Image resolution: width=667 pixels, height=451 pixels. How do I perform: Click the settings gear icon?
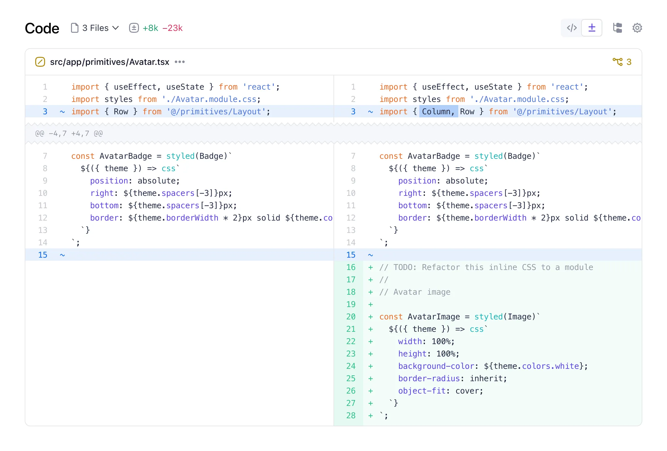[637, 28]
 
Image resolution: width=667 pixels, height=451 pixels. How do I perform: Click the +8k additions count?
[150, 28]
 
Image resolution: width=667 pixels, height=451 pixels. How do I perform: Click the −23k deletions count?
[173, 28]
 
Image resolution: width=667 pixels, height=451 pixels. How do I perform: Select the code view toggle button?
[572, 28]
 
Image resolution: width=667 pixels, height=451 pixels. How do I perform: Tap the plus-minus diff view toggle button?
[592, 28]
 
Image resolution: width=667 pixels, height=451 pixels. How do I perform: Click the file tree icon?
[617, 28]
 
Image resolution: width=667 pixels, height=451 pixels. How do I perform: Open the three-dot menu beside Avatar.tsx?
[180, 62]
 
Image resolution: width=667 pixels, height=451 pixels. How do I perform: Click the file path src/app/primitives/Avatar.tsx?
[110, 62]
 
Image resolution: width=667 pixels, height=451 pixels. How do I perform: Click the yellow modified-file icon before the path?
[40, 62]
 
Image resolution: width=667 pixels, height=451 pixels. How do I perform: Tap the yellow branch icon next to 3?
[618, 62]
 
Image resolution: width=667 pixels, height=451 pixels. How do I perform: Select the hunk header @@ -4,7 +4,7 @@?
[69, 133]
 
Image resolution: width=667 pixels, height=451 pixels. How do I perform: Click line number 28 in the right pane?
[351, 415]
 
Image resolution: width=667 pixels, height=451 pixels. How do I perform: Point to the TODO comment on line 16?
[486, 267]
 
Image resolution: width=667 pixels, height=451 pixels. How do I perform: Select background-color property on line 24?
[436, 366]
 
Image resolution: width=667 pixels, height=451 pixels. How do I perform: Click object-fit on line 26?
[422, 391]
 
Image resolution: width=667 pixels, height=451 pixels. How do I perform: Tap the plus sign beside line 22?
[371, 341]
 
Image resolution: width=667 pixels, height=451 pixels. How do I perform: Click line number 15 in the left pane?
[43, 255]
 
